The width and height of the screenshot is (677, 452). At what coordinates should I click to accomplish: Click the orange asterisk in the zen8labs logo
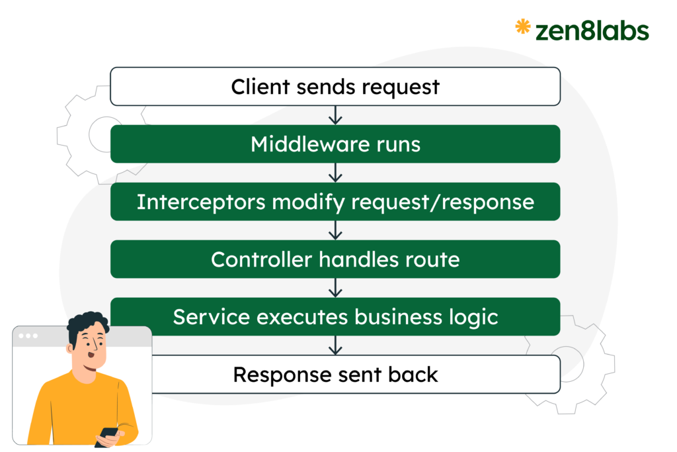click(x=523, y=27)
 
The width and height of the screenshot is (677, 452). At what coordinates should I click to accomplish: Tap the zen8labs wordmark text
click(x=591, y=30)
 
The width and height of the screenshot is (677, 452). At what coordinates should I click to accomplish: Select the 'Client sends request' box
click(x=335, y=87)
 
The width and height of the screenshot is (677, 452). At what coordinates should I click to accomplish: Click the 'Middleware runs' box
click(x=335, y=144)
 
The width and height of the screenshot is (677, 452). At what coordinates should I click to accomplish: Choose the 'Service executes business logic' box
click(x=335, y=317)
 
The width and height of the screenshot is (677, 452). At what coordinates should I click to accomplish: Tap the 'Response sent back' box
click(x=335, y=375)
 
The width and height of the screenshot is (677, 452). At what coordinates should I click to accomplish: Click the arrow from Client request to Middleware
click(x=335, y=115)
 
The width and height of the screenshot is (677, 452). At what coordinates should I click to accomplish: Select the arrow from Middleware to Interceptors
click(x=335, y=173)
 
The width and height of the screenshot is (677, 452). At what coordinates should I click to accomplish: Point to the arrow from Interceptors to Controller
click(x=335, y=230)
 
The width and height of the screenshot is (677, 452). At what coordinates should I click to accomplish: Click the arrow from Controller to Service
click(x=335, y=288)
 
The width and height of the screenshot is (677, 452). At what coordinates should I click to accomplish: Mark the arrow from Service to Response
click(x=335, y=345)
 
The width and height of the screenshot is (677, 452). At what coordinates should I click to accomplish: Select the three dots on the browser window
click(x=28, y=336)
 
